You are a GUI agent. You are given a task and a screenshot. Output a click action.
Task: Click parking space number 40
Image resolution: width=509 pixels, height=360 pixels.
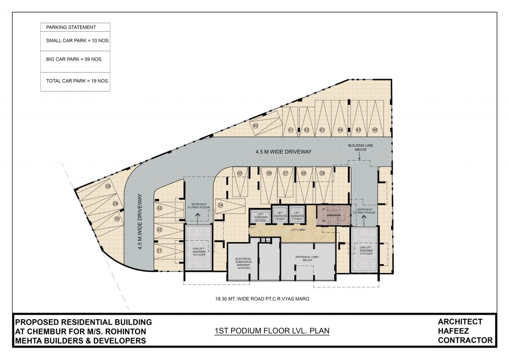[255, 126]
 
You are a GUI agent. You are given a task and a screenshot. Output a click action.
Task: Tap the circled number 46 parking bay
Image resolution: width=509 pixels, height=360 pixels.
[374, 130]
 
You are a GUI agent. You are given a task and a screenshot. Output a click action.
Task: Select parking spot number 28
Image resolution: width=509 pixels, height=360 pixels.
[108, 187]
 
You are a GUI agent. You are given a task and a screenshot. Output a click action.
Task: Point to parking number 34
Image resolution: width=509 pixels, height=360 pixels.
[220, 204]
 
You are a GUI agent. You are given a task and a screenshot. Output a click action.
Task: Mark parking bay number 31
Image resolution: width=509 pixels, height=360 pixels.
[160, 251]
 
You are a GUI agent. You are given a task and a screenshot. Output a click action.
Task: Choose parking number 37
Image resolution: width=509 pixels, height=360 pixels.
[285, 173]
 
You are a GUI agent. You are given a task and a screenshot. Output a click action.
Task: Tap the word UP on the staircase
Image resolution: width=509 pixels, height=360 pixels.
[323, 209]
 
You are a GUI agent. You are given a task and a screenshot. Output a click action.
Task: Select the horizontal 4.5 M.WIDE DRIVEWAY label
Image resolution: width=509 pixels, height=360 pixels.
[283, 151]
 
